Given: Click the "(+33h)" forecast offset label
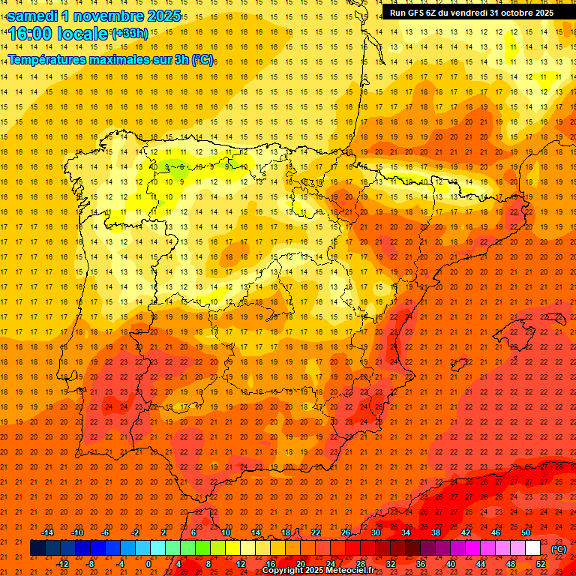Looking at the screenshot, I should pos(130,34).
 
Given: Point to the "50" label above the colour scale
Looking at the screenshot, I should pos(526,532).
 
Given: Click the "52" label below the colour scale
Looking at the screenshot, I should pos(541,564).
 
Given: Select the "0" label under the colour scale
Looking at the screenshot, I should pos(148,564).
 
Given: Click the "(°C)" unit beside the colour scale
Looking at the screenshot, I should pos(559,549).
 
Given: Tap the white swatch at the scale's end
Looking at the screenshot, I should pos(533,548).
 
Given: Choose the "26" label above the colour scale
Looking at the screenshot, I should pos(346,532).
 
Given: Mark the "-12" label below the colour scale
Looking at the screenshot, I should pos(62,564).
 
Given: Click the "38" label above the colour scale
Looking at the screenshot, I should pos(436,532).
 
